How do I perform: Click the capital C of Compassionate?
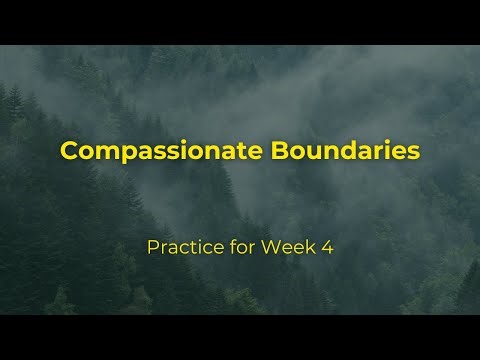pos(69,151)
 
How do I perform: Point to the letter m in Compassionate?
pos(102,152)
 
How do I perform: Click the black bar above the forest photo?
pos(240,22)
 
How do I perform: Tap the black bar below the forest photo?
pos(240,337)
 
